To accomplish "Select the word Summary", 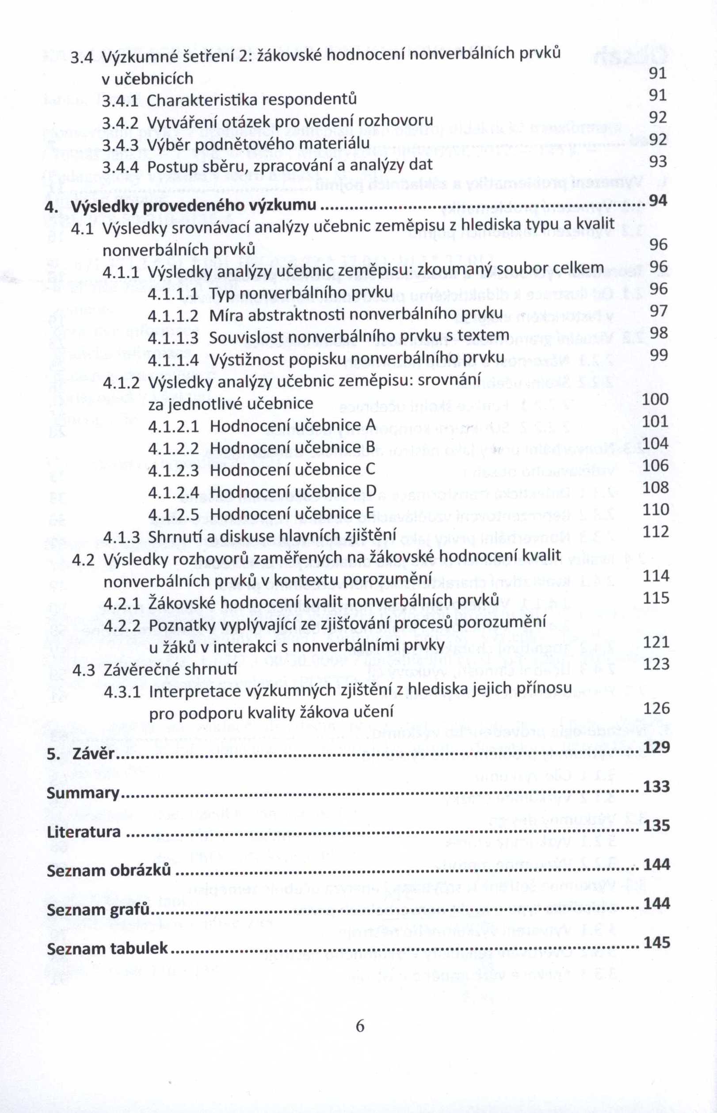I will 83,793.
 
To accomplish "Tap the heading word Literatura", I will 84,832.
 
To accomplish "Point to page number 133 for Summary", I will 656,787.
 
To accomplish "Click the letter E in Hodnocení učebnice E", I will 370,514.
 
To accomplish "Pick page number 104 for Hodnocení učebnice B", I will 656,443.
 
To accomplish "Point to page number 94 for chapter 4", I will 658,201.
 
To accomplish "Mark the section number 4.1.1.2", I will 173,315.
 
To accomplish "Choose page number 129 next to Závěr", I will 656,747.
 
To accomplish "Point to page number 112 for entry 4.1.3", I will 656,532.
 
